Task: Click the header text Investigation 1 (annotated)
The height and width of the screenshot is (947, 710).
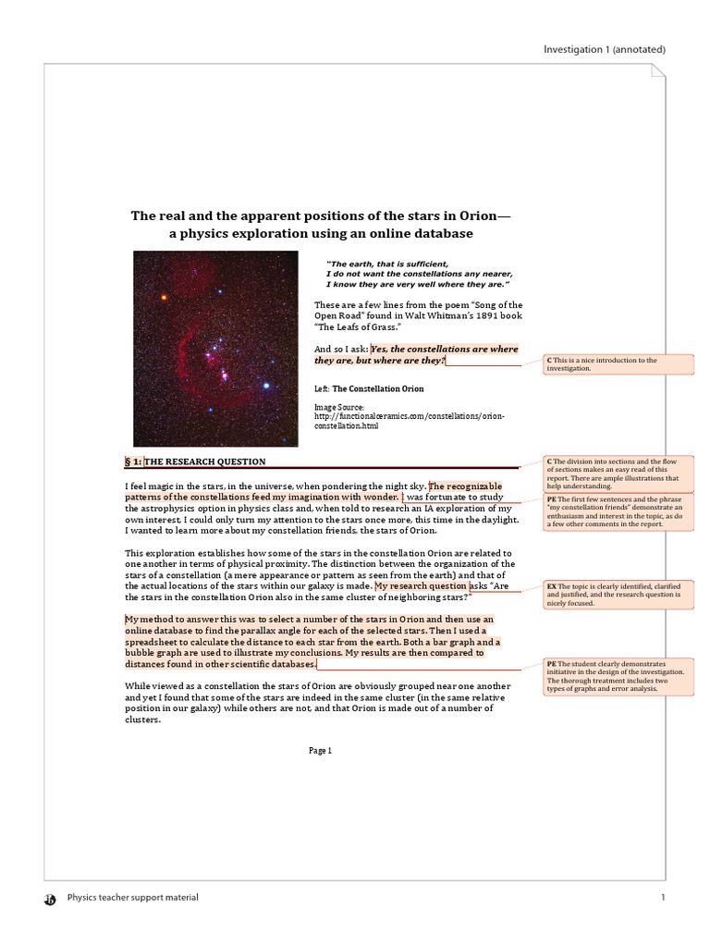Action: (x=604, y=49)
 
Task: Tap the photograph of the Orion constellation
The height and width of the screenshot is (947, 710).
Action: (x=215, y=349)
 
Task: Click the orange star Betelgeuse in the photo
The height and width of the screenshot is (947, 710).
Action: (x=165, y=298)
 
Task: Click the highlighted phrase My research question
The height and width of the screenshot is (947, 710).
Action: (x=421, y=586)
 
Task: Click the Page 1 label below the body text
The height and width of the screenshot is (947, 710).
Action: (x=320, y=751)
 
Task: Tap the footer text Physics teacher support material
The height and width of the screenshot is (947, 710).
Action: (x=133, y=897)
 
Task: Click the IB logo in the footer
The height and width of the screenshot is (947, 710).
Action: (x=50, y=898)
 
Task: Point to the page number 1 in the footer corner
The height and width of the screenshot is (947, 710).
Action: (x=663, y=897)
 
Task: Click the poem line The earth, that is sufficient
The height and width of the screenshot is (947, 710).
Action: (x=388, y=264)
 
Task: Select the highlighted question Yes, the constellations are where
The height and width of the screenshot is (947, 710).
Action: (x=444, y=349)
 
